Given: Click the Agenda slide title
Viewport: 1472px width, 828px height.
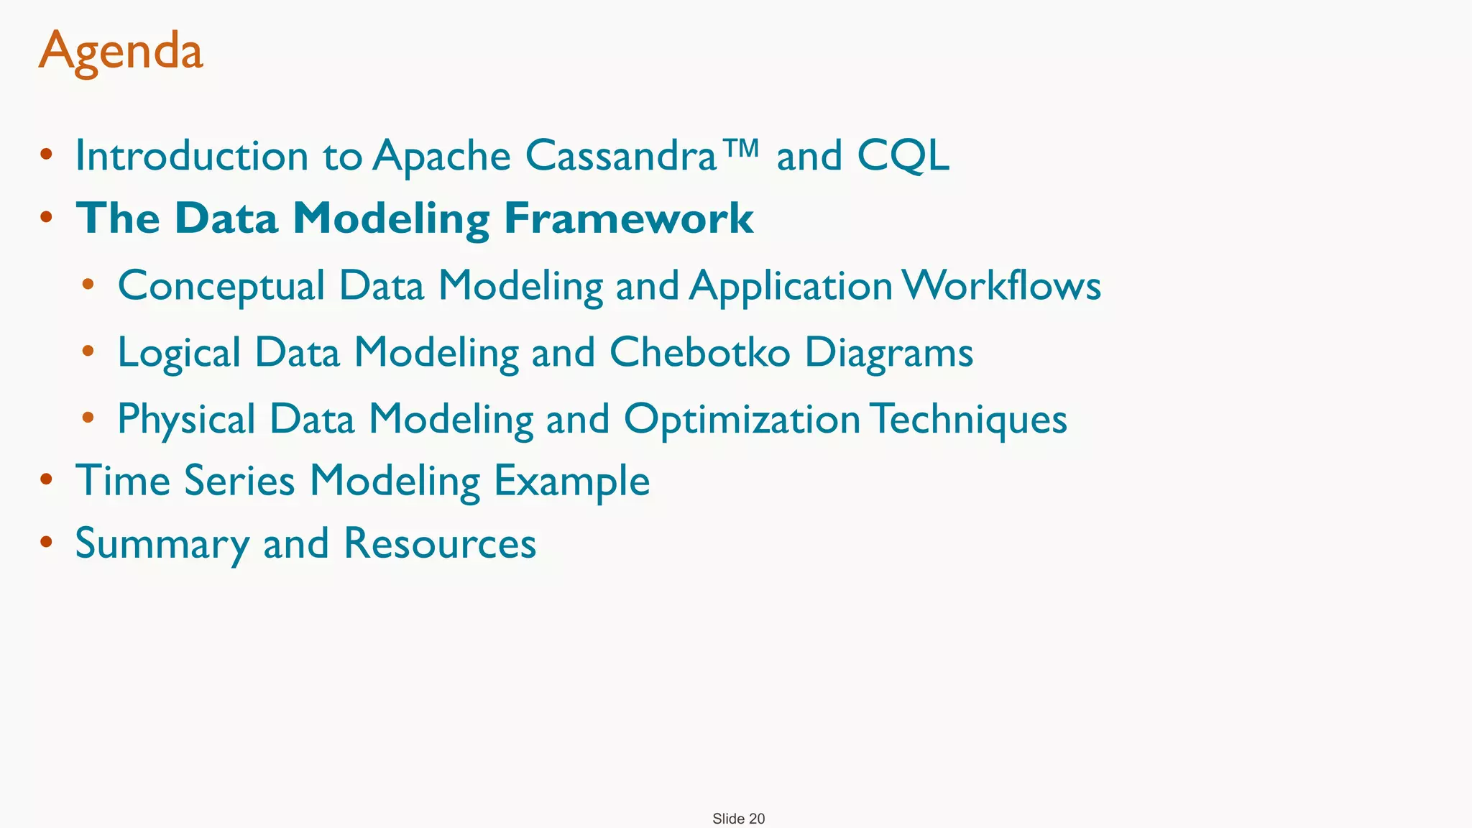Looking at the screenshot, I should click(121, 52).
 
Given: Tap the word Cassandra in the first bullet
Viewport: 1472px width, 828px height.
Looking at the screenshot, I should click(620, 155).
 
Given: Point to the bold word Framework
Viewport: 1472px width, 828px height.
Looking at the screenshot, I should click(628, 218).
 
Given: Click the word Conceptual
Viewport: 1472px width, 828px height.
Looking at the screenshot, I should click(221, 286).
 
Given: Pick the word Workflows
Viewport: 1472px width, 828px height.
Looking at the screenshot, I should click(1002, 285).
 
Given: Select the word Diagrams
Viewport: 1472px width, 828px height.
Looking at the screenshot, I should click(888, 354).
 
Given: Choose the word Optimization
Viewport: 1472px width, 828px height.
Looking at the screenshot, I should click(742, 419).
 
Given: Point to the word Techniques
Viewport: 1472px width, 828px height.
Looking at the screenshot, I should click(971, 419).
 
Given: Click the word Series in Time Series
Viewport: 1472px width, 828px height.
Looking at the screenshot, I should click(239, 480).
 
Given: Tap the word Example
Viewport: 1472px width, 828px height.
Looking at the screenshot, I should click(571, 482).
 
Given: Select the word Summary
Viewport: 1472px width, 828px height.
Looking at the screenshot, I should click(162, 544).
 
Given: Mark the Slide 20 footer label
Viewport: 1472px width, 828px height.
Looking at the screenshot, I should click(738, 819).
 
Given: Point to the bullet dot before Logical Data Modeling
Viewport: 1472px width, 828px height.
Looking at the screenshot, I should click(88, 351).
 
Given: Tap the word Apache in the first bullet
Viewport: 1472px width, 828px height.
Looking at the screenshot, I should click(441, 156).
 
